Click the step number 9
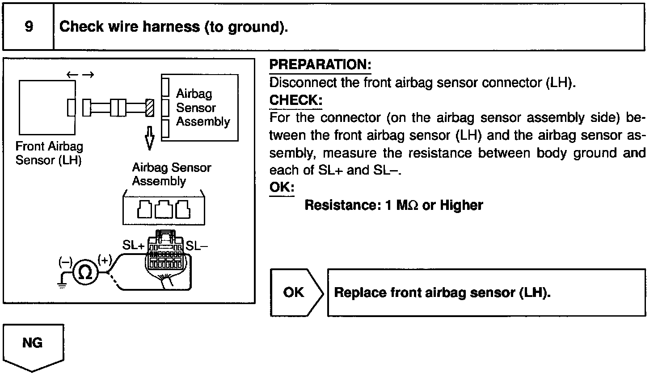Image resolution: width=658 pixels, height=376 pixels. (29, 27)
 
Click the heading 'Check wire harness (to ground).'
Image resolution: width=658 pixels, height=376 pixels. (173, 27)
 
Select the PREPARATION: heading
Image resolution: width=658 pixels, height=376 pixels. (320, 65)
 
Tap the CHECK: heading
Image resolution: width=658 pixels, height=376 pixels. (295, 100)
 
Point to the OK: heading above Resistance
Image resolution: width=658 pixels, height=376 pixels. (282, 187)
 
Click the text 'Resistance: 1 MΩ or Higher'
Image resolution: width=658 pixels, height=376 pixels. (393, 205)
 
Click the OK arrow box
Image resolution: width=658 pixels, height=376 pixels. (295, 292)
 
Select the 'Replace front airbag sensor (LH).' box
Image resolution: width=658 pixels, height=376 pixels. (486, 292)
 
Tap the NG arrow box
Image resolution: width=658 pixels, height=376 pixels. (33, 346)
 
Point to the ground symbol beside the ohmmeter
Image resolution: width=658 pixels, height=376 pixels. (63, 282)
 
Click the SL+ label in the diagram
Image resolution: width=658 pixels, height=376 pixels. (133, 246)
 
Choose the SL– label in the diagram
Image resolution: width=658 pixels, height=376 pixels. (197, 246)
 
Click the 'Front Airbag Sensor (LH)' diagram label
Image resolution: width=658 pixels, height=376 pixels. (49, 153)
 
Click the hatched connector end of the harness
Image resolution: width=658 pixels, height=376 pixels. (150, 108)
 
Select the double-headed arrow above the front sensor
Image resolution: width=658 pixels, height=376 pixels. (80, 75)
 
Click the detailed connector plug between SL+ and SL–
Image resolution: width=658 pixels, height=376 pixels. (165, 255)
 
